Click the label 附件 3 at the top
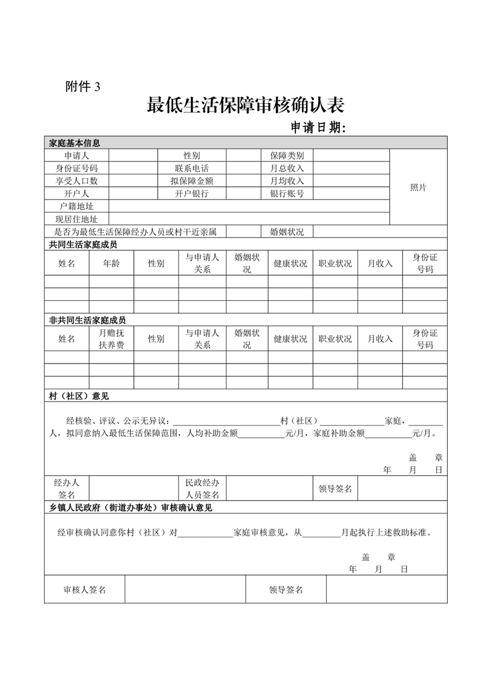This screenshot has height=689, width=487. [82, 87]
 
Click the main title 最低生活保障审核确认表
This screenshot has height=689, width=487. [245, 106]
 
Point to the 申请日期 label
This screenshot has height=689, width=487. [319, 128]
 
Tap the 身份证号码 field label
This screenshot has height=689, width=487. [77, 168]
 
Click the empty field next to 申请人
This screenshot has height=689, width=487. [133, 155]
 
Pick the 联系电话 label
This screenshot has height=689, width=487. [192, 168]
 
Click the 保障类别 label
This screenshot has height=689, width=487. [287, 155]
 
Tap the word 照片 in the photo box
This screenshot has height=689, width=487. [418, 187]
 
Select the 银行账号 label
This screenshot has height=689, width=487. [287, 194]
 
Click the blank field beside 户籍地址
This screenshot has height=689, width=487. [249, 206]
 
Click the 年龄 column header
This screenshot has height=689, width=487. [111, 263]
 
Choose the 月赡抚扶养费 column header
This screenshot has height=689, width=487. [111, 338]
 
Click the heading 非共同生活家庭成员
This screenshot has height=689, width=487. [83, 320]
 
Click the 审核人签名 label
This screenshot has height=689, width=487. [85, 590]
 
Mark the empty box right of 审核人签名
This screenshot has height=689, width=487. [185, 590]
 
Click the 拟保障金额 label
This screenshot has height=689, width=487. [192, 181]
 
